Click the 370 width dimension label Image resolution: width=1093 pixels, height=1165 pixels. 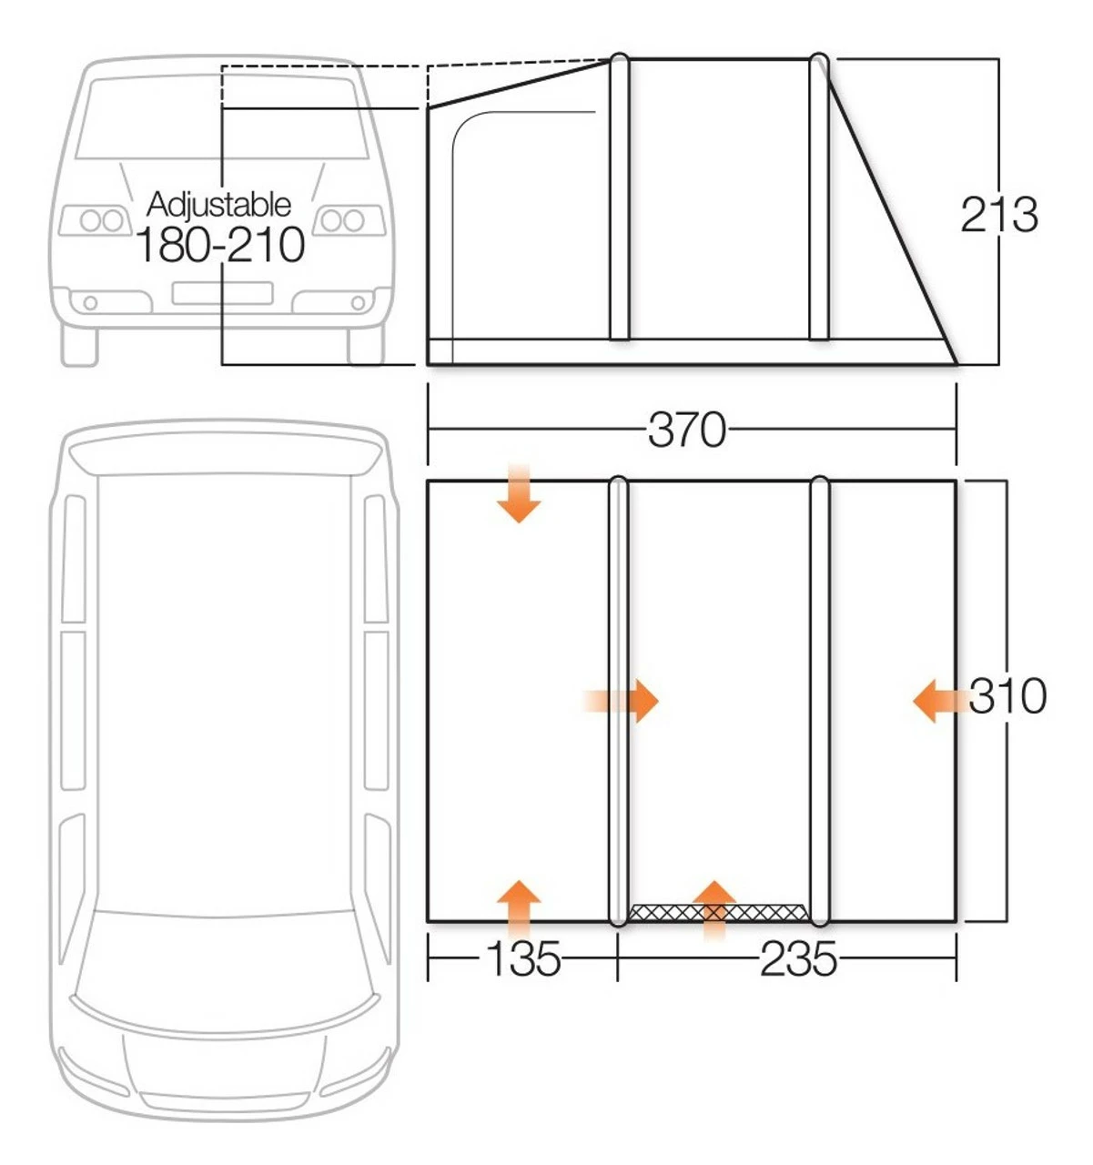(687, 430)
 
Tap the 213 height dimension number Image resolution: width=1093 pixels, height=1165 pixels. (998, 216)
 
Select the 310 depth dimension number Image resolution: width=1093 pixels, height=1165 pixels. (1007, 697)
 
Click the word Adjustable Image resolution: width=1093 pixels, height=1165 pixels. (218, 204)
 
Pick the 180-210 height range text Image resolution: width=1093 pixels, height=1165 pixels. (219, 245)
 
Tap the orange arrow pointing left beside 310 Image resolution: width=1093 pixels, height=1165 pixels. (937, 702)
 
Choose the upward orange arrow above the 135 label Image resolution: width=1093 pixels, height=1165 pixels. (519, 906)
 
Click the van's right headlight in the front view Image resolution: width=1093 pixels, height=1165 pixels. (342, 220)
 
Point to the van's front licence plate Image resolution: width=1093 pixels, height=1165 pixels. (222, 292)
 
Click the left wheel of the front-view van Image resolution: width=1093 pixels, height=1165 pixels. (79, 345)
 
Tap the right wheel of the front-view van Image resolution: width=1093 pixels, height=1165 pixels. (366, 345)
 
